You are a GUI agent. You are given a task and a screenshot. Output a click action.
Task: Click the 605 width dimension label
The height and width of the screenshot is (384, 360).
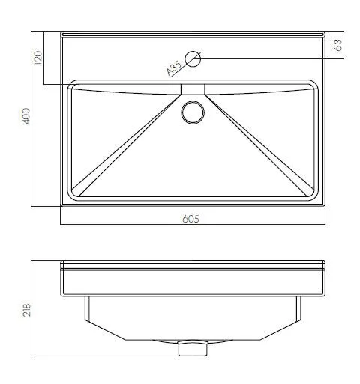tap(190, 219)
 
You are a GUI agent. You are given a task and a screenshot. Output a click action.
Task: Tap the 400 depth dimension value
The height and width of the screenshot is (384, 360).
tap(26, 116)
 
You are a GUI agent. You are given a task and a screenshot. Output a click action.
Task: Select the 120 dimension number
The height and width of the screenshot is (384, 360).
tap(38, 58)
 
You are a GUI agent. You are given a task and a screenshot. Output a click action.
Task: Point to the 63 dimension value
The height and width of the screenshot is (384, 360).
tap(338, 46)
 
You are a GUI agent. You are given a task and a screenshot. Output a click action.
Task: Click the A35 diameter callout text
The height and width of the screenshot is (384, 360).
tap(174, 68)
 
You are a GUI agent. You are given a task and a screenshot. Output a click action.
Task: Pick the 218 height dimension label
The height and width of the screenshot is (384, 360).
tap(26, 310)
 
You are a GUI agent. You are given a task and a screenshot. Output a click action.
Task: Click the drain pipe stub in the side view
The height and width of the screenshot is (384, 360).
tap(193, 348)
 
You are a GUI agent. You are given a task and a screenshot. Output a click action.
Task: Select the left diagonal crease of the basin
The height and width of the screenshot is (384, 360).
tap(126, 145)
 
